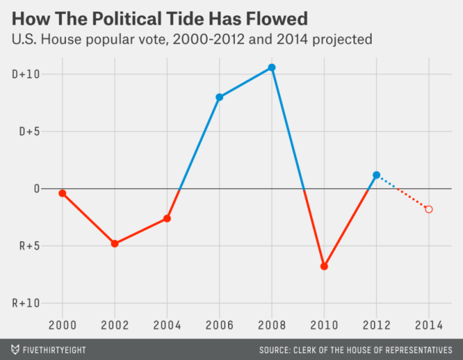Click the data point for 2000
[x=62, y=193]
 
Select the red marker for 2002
[x=114, y=244]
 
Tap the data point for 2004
[x=167, y=218]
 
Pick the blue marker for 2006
[x=220, y=97]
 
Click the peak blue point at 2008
[x=271, y=67]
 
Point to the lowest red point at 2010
[x=324, y=267]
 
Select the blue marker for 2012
[x=377, y=175]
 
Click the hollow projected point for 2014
[x=429, y=209]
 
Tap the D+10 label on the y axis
[x=25, y=74]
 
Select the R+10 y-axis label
[x=25, y=304]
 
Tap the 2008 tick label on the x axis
[x=271, y=326]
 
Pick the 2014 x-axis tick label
[x=429, y=326]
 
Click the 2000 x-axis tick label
[x=62, y=326]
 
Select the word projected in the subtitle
[x=342, y=40]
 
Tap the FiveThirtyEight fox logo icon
[x=15, y=349]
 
